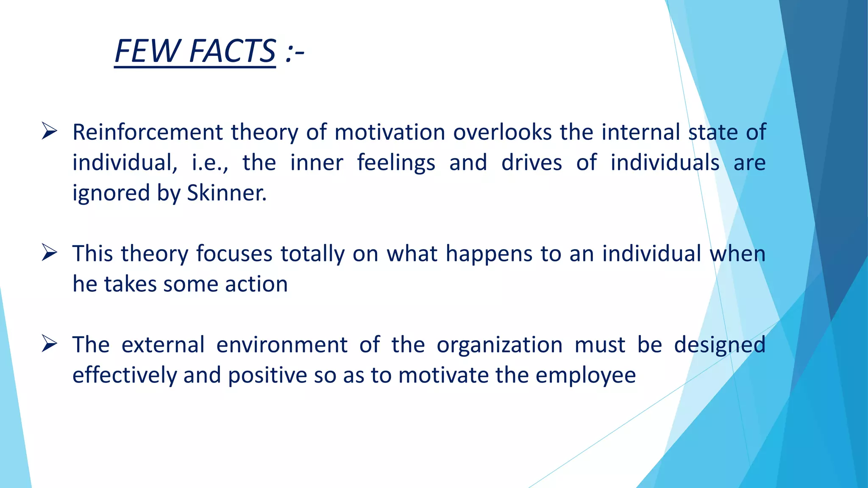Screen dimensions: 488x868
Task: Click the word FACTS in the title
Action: click(x=233, y=51)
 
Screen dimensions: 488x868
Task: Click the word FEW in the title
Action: click(x=147, y=51)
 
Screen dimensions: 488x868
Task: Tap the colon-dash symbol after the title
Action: click(x=295, y=53)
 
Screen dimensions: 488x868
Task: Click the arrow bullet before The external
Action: click(x=49, y=344)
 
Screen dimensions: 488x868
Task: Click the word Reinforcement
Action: click(x=147, y=132)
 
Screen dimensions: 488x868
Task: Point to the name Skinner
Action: click(x=227, y=193)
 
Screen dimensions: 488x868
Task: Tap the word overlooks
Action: click(x=502, y=132)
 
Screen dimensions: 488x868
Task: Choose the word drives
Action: click(x=531, y=163)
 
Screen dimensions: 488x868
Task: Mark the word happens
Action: click(x=489, y=255)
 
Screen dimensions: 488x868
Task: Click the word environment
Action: click(x=282, y=345)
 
